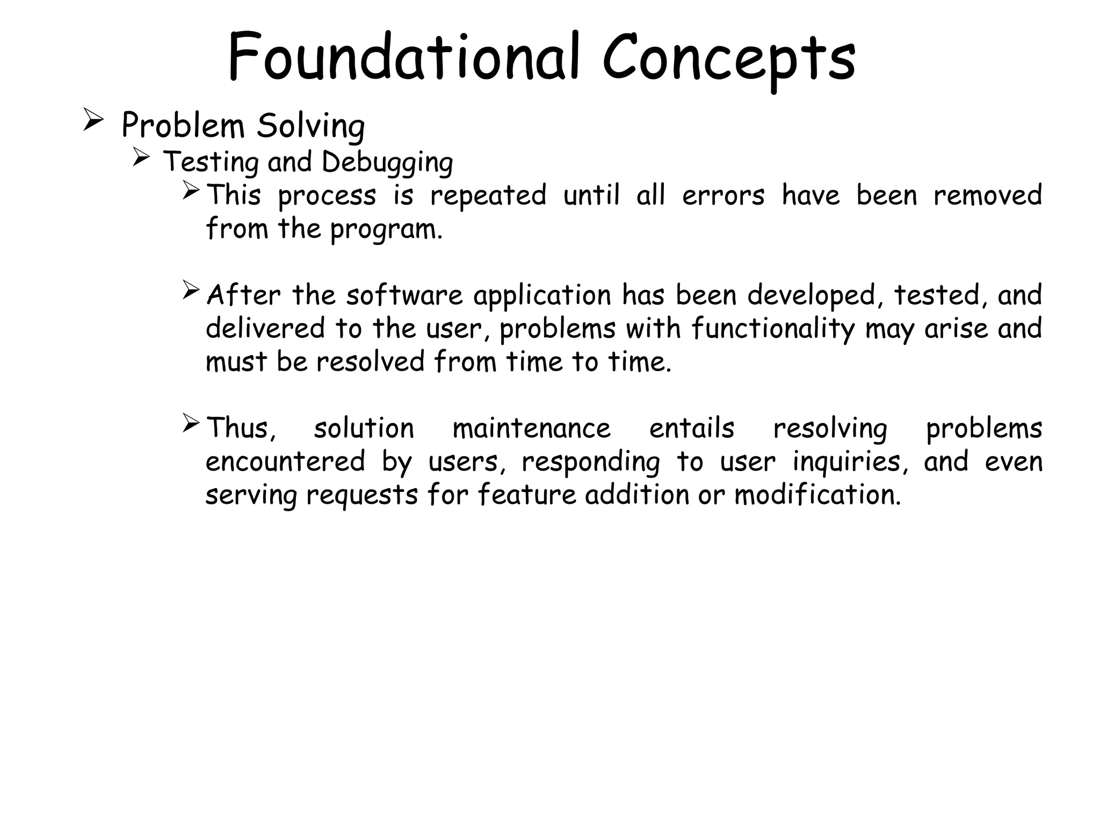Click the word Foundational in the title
click(x=403, y=58)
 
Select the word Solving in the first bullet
click(x=310, y=127)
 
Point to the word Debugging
click(x=387, y=163)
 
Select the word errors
click(x=723, y=195)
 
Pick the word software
click(x=404, y=295)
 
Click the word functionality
click(x=773, y=329)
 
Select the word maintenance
click(x=531, y=429)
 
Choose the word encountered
click(x=285, y=462)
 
